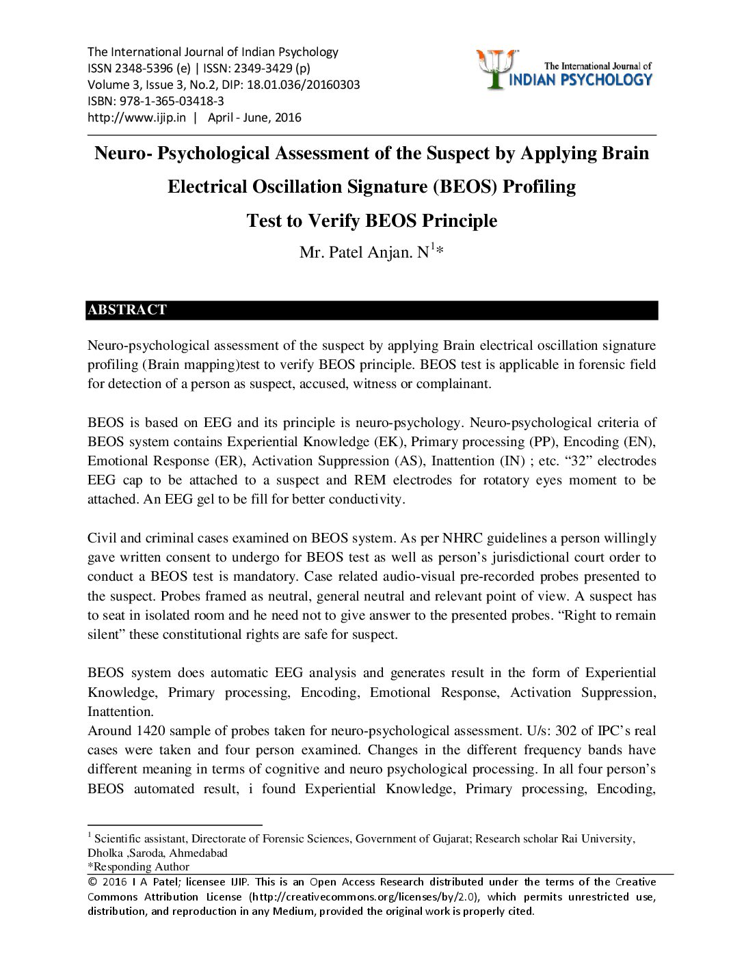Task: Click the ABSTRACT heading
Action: click(x=127, y=310)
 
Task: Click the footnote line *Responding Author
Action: click(x=138, y=867)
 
